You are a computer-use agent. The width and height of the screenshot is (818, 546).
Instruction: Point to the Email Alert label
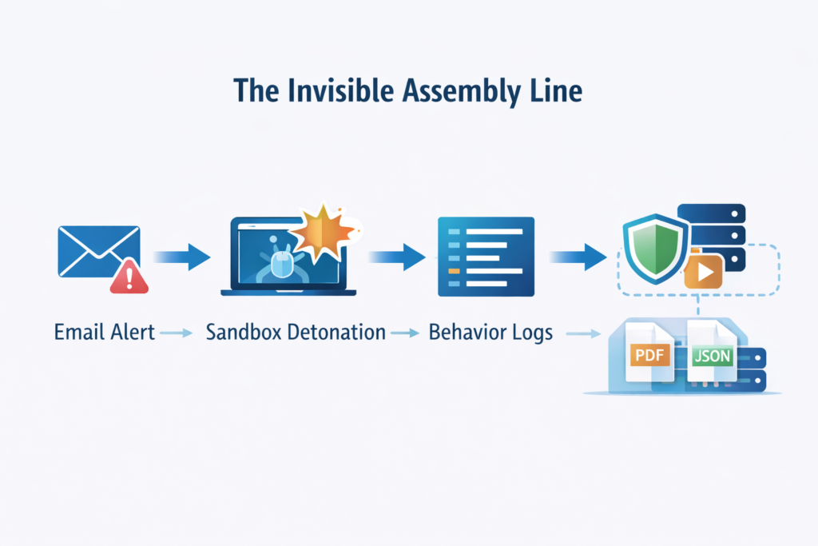[x=104, y=332]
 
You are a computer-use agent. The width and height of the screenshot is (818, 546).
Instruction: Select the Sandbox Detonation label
[x=296, y=332]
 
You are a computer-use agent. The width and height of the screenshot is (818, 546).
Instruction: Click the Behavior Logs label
[x=490, y=332]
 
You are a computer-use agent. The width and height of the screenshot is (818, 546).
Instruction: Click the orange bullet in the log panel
[x=455, y=272]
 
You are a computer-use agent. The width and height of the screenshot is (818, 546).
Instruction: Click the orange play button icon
[x=704, y=271]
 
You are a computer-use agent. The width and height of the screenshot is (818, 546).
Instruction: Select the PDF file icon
[x=649, y=355]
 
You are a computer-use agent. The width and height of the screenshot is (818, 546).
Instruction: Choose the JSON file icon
[x=711, y=355]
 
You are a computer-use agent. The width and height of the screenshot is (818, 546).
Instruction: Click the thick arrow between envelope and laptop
[x=182, y=257]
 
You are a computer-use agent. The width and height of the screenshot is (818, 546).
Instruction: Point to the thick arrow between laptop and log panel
[x=397, y=257]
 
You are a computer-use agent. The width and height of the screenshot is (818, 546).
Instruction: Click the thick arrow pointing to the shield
[x=578, y=257]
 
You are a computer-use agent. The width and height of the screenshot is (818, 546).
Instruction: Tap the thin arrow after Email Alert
[x=177, y=333]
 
